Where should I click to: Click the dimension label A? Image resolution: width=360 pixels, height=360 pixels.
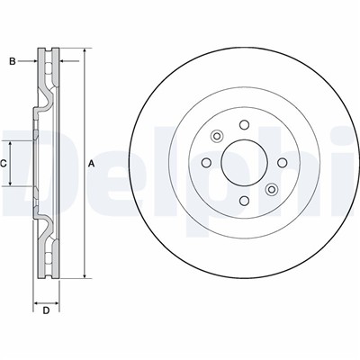91,164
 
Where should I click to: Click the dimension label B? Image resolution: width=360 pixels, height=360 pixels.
13,61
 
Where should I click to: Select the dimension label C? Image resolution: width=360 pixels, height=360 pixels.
4,164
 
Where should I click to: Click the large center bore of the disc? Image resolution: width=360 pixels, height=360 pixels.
244,163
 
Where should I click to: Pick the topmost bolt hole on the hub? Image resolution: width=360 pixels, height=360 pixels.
245,124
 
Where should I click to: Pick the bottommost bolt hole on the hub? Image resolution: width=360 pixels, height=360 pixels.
245,201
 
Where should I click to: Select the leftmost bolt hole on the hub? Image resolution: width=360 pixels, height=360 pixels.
206,163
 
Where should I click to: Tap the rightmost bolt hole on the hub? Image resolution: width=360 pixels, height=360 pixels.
283,163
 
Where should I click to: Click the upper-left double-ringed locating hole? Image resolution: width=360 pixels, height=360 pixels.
217,136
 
